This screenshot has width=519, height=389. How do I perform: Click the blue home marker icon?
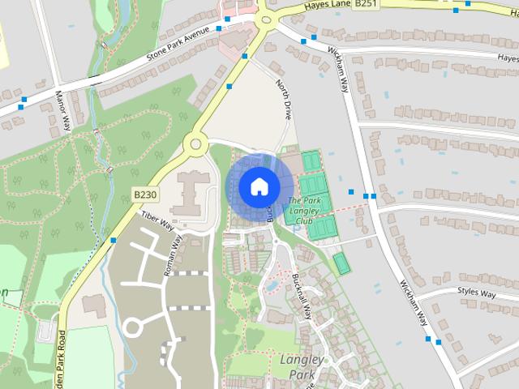point(258,186)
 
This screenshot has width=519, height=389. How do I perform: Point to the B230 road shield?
point(144,195)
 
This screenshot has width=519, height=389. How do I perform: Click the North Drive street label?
point(282,100)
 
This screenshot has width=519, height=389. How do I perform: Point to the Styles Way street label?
point(476,293)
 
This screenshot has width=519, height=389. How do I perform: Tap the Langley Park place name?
point(302,366)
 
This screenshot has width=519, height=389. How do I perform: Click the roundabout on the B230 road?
point(194,145)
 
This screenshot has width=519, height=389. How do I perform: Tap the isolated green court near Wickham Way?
point(341,263)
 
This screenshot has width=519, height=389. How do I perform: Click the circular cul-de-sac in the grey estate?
point(132,326)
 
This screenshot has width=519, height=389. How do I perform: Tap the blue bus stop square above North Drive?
point(244,56)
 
